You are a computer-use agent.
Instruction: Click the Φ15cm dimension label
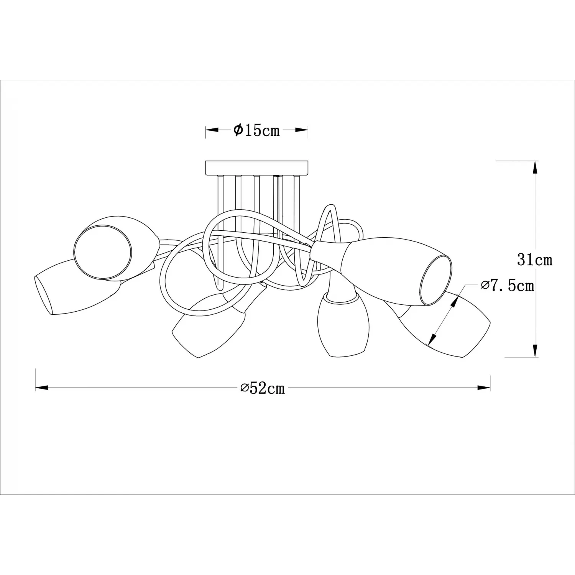click(256, 131)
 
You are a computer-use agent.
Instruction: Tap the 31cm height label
click(535, 260)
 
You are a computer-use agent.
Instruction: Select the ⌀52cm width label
click(263, 388)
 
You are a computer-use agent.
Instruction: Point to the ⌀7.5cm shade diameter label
click(508, 286)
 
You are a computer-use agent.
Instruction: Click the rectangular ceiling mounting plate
click(257, 168)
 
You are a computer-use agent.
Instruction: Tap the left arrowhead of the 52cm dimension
click(41, 388)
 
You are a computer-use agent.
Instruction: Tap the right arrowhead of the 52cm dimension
click(484, 388)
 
